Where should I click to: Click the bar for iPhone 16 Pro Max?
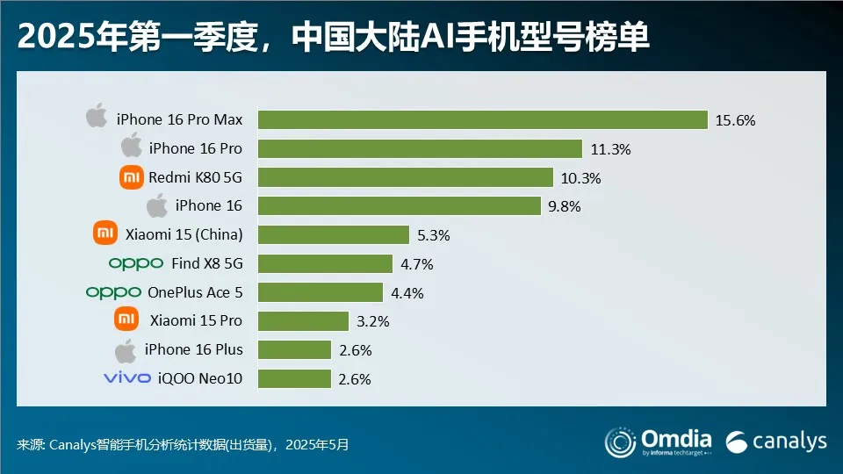coord(482,119)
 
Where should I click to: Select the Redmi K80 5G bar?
coord(405,177)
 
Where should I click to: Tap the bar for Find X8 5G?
coord(325,263)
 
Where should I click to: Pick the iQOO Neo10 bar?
coord(294,378)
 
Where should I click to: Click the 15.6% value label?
coord(735,120)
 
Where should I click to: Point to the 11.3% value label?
coord(610,149)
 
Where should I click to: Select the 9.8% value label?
coord(564,206)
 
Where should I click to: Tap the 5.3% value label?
coord(433,235)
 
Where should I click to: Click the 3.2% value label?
coord(371,321)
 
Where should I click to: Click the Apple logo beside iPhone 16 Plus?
coord(126,349)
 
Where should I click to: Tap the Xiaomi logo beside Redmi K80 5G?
coord(131,177)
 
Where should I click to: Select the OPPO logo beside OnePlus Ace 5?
coord(113,291)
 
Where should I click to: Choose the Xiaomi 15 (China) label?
coord(184,234)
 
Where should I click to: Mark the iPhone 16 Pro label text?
coord(196,148)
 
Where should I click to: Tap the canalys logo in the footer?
coord(776,441)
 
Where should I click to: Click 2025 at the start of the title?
coord(49,38)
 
